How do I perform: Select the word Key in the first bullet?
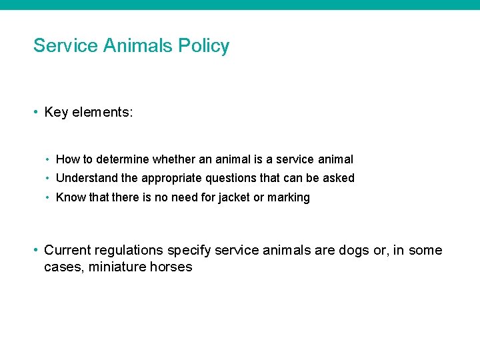(x=56, y=112)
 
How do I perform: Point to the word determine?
(x=123, y=159)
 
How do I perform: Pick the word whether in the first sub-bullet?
(x=173, y=159)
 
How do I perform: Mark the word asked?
(x=339, y=178)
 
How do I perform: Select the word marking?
(x=288, y=197)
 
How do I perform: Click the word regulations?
(x=129, y=250)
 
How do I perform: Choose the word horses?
(x=173, y=267)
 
